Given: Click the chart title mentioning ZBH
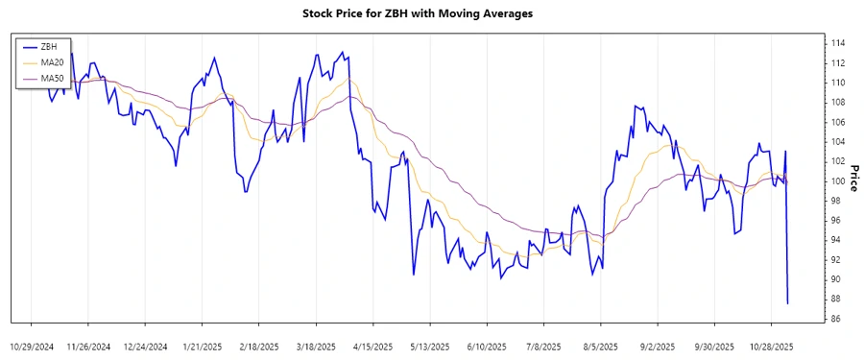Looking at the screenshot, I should coord(431,14).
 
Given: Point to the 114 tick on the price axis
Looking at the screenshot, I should coord(838,43).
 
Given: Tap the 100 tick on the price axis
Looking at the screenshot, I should coord(838,181).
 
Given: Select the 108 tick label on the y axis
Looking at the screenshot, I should coord(838,103).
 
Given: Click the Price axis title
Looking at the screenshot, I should coord(853,181).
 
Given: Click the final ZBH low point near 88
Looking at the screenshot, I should coord(787,303).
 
